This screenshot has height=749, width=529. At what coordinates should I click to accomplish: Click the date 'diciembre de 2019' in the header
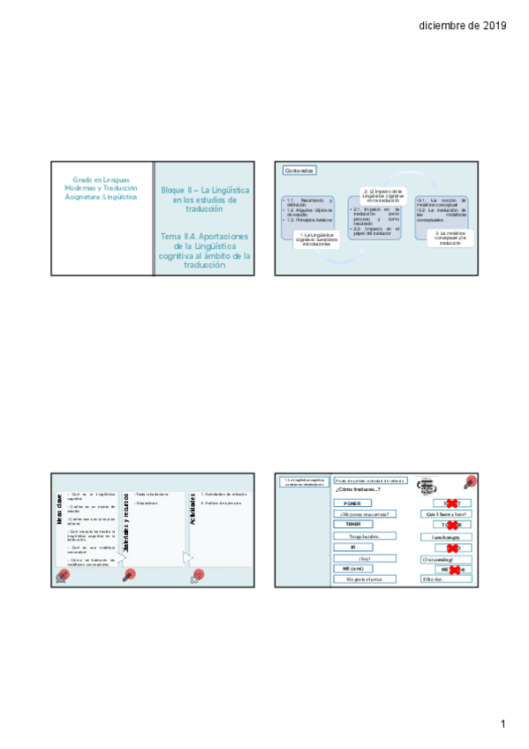coord(462,26)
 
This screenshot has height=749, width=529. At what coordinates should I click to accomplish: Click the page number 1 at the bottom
coord(503,724)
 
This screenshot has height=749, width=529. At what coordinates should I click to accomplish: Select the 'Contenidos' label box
coord(298,170)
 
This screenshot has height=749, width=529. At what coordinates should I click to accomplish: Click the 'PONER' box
coord(352,503)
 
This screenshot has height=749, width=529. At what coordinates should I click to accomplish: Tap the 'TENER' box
coord(352,524)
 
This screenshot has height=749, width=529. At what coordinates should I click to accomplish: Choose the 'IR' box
coord(352,547)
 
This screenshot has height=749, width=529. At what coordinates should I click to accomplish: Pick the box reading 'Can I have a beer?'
coord(446,513)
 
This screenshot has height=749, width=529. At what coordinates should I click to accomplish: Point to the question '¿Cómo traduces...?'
coord(358,488)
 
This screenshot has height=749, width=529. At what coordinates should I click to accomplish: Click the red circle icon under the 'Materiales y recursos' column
coord(129,574)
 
